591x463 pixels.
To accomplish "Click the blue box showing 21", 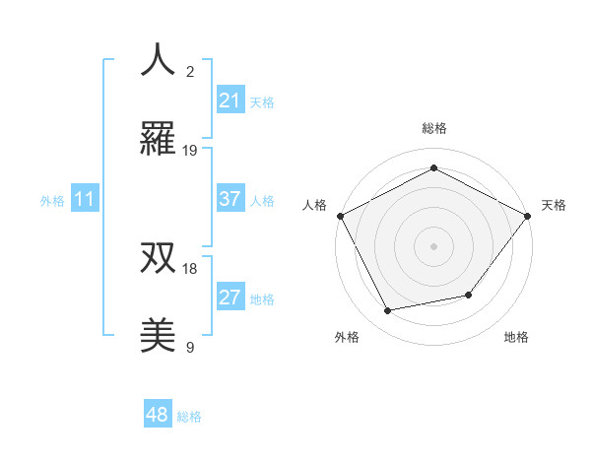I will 230,100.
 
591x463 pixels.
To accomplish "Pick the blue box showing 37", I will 230,199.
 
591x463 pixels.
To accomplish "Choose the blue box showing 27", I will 230,298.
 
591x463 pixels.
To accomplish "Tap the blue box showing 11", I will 85,199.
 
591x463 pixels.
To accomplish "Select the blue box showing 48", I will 158,415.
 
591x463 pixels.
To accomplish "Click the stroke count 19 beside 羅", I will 190,151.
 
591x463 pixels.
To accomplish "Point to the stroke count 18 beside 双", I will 190,268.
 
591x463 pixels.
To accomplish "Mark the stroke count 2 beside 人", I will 190,71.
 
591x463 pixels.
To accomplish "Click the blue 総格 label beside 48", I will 189,417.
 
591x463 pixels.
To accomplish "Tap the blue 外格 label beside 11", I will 52,200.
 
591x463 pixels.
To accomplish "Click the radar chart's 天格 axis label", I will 554,205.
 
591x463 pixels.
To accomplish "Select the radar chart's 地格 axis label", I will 516,338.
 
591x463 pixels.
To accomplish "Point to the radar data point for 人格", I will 341,216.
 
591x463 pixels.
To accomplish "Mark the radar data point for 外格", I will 388,311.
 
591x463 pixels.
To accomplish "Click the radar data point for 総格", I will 433,167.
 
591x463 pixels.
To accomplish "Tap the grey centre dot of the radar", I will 433,245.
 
